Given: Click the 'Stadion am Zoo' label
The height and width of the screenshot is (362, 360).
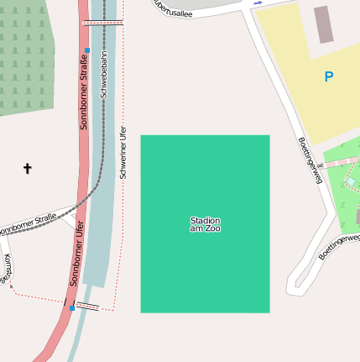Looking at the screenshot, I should point(205,224).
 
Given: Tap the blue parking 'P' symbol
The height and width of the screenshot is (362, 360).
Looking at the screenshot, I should point(328,77).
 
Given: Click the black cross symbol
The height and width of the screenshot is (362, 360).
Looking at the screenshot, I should point(27,169).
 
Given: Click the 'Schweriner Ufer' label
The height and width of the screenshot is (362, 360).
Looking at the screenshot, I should point(123,152).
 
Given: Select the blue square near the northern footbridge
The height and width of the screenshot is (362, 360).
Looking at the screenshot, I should point(87,50).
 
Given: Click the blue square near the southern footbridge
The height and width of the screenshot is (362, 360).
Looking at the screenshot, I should point(72,308).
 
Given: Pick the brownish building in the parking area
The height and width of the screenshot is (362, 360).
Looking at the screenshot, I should point(323,24).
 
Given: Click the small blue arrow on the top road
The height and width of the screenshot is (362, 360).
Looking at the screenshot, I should point(257,3).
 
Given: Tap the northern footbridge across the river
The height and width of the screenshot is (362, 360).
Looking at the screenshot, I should point(103,23).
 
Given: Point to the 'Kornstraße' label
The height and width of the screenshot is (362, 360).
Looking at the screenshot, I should point(8,268).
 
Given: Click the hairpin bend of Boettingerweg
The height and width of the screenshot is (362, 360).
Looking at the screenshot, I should point(294,286).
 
